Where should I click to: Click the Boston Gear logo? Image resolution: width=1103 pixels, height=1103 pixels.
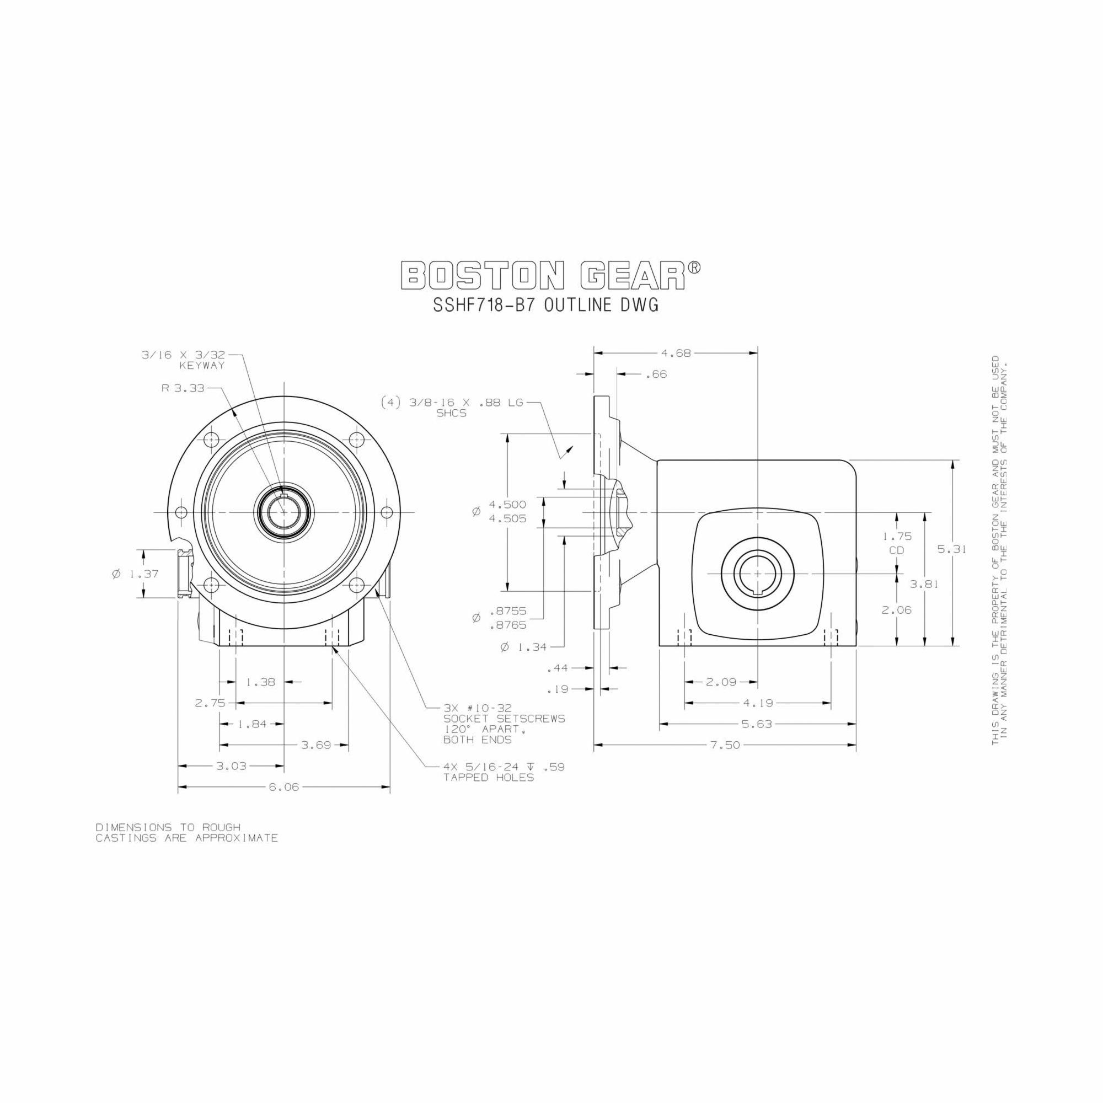pyautogui.click(x=551, y=276)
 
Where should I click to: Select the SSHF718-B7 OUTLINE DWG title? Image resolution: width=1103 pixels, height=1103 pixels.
pyautogui.click(x=546, y=306)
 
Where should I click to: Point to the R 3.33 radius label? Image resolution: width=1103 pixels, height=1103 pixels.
pyautogui.click(x=183, y=388)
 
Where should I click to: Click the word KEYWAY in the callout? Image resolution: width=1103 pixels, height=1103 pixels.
pyautogui.click(x=202, y=366)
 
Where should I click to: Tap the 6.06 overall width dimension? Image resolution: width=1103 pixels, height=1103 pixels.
pyautogui.click(x=283, y=788)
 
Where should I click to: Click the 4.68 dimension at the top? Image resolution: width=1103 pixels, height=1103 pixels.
pyautogui.click(x=676, y=354)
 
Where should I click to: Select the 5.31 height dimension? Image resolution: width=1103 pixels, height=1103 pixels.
pyautogui.click(x=952, y=549)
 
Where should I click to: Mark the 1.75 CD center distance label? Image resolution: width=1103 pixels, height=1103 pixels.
pyautogui.click(x=897, y=543)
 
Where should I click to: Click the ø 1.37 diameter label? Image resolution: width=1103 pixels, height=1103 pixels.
pyautogui.click(x=135, y=574)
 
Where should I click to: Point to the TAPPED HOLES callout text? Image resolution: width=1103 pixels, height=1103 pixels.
pyautogui.click(x=489, y=778)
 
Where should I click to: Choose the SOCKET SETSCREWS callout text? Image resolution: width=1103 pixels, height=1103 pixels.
pyautogui.click(x=504, y=719)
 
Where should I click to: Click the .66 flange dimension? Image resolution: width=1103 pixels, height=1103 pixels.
pyautogui.click(x=656, y=374)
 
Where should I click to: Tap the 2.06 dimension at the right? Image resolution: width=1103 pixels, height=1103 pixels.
pyautogui.click(x=896, y=610)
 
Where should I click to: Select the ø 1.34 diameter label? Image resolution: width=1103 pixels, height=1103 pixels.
pyautogui.click(x=523, y=647)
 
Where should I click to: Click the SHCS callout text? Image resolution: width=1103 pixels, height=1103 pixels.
pyautogui.click(x=451, y=413)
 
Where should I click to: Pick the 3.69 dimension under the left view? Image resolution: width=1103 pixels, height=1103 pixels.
pyautogui.click(x=315, y=745)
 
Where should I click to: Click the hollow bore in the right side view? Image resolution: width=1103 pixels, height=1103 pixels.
pyautogui.click(x=757, y=572)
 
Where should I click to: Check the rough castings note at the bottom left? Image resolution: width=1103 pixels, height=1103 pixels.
pyautogui.click(x=187, y=832)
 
